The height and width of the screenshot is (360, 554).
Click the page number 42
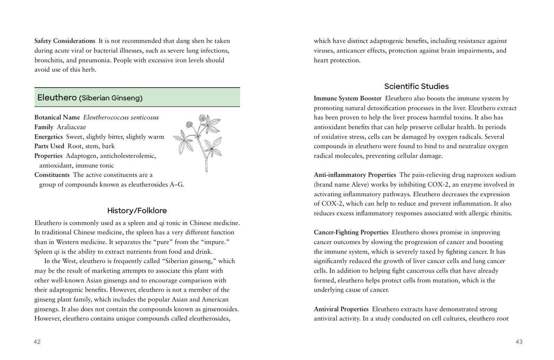pos(37,342)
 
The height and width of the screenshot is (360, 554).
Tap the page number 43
pos(519,342)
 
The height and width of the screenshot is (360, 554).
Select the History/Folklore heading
pos(137,210)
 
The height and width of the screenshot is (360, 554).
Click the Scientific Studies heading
pos(416,86)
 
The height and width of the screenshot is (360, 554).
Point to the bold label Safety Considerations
pos(65,41)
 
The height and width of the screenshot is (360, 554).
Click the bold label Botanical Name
pos(57,118)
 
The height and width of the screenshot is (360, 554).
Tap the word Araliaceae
pos(71,127)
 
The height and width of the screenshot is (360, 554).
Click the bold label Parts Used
pos(49,146)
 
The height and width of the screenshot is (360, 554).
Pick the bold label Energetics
pos(49,137)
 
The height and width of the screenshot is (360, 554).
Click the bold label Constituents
pos(52,175)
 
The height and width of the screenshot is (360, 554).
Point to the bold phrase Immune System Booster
pos(347,99)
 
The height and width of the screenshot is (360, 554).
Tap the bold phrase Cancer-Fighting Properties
pos(351,232)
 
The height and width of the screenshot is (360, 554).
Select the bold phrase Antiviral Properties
pos(341,309)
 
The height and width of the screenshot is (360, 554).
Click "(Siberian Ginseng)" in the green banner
pos(111,98)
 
